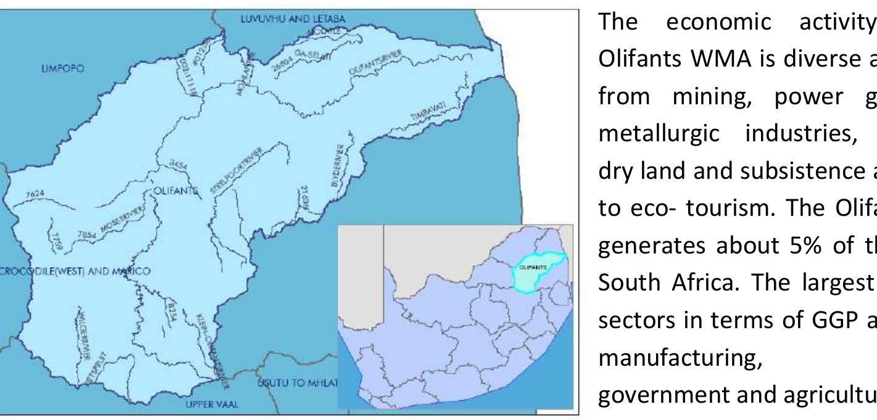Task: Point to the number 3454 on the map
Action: click(x=178, y=165)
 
